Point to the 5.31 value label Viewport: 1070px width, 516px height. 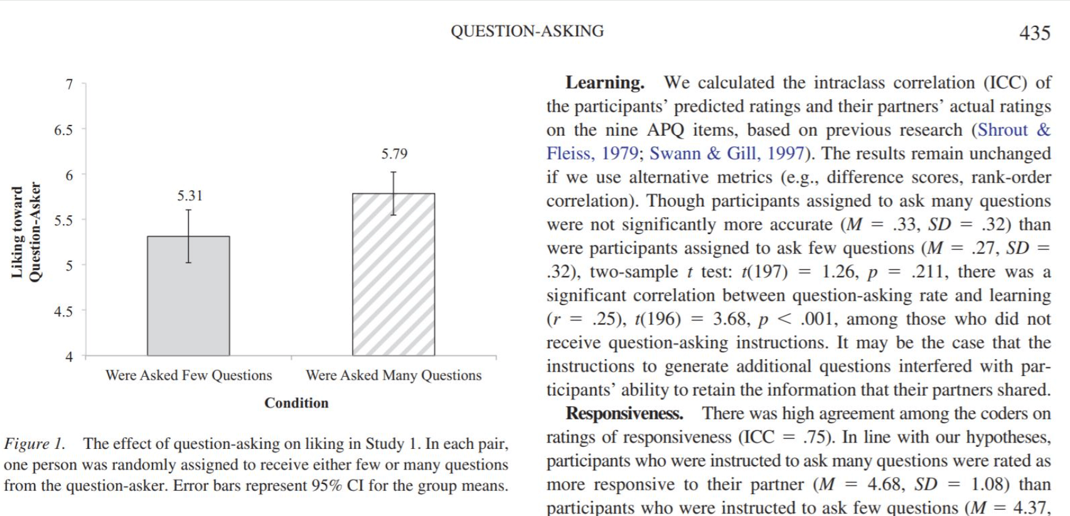click(190, 196)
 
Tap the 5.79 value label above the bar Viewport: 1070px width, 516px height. click(394, 154)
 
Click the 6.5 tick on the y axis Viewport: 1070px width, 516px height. click(63, 130)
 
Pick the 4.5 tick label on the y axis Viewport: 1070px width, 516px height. click(63, 311)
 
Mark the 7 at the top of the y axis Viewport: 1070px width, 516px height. click(69, 84)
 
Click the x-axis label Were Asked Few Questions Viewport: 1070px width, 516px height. click(188, 375)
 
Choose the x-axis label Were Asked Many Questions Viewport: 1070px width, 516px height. click(393, 375)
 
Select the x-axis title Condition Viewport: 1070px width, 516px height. click(296, 403)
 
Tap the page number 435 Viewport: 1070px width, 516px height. click(1034, 33)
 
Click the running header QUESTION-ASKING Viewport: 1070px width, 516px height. click(527, 31)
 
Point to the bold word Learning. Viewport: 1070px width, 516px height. click(604, 83)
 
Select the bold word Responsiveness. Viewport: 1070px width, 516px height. click(624, 414)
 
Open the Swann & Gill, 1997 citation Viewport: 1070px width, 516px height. click(726, 154)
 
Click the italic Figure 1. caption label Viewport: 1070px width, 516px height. click(35, 444)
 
